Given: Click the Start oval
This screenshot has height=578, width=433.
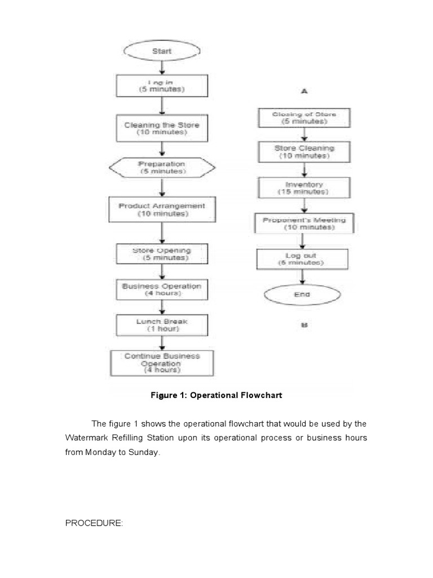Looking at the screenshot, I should tap(162, 51).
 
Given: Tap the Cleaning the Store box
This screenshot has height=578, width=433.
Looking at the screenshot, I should tap(162, 128).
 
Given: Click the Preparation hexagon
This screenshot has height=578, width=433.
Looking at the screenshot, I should tap(162, 167).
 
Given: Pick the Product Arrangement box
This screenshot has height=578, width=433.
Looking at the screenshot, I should tap(162, 209).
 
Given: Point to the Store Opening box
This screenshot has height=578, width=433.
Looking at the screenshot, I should tap(162, 254).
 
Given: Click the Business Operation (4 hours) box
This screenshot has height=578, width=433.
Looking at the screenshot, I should tap(162, 290).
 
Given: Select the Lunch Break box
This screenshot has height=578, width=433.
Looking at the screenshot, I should tap(162, 325).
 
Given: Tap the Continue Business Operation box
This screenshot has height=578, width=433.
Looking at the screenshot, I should tap(162, 364).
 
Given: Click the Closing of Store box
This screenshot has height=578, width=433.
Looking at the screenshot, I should tap(304, 117).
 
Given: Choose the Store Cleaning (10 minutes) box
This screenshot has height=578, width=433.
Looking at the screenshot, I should tap(304, 151).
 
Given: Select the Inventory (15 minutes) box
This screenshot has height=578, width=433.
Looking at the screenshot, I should tap(304, 187).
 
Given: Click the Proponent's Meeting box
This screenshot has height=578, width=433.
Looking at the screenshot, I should tap(304, 223).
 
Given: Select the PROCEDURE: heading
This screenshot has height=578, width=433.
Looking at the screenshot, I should tap(94, 523).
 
